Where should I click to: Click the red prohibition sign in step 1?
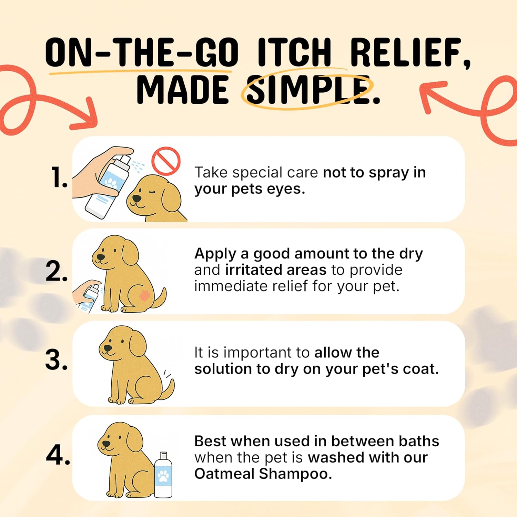pyautogui.click(x=166, y=161)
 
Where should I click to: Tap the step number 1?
pyautogui.click(x=59, y=178)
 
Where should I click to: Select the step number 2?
pyautogui.click(x=57, y=272)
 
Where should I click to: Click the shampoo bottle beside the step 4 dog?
pyautogui.click(x=163, y=476)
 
